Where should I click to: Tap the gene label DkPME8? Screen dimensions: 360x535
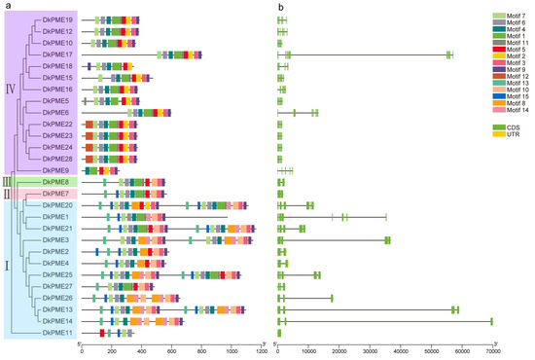pyautogui.click(x=56, y=182)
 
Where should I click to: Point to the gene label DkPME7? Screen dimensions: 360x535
pyautogui.click(x=56, y=194)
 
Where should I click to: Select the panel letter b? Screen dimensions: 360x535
pyautogui.click(x=280, y=7)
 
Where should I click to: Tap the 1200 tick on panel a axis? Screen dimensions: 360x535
pyautogui.click(x=260, y=351)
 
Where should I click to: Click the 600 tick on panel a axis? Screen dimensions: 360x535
pyautogui.click(x=171, y=351)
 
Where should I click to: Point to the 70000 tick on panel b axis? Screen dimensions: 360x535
pyautogui.click(x=492, y=351)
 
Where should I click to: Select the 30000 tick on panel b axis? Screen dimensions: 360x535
pyautogui.click(x=370, y=351)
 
